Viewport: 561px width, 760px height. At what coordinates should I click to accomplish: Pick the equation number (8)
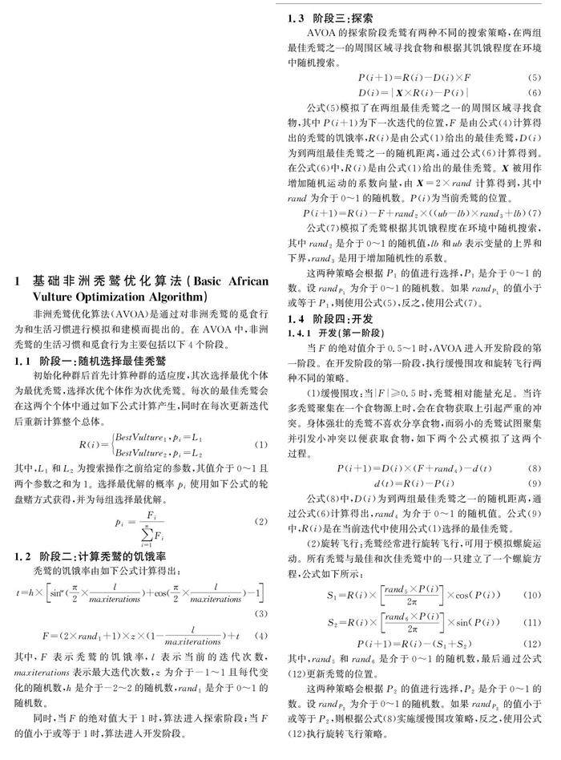click(535, 467)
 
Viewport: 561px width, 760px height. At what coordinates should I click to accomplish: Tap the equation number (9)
click(535, 483)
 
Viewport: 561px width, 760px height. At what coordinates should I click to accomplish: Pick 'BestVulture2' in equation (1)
click(139, 451)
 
